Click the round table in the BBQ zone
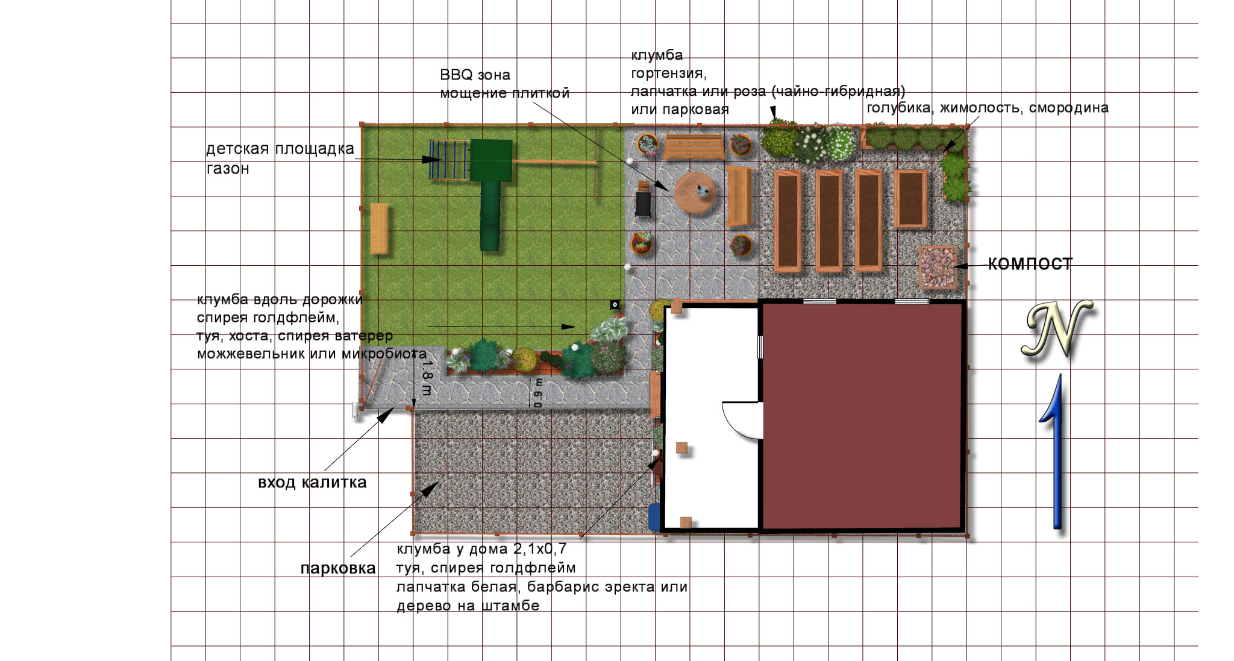coord(695,193)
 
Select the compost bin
coord(938,266)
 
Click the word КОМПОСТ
coord(1030,264)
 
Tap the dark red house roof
coord(862,416)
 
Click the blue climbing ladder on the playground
coord(449,160)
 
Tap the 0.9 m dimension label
coord(537,393)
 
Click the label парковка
coord(338,568)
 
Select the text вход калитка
coord(312,482)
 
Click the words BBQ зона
coord(475,75)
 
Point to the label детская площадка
coord(280,149)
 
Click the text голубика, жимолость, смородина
coord(988,108)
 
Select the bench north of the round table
coord(694,146)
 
